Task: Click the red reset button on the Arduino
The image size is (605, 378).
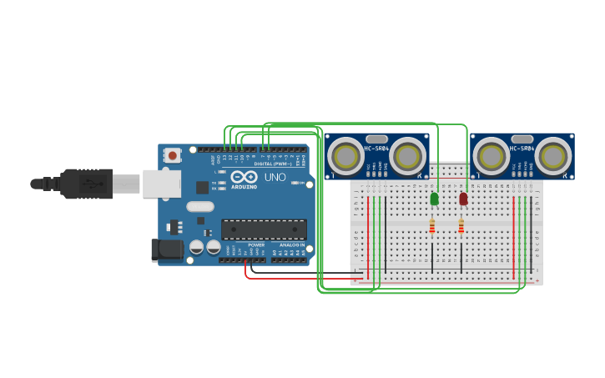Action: (x=172, y=155)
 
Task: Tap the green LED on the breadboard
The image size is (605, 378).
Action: (x=434, y=199)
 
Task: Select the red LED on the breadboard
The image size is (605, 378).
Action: (x=463, y=199)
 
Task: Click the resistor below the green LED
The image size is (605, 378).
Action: (x=431, y=226)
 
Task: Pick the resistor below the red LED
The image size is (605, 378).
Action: (x=461, y=226)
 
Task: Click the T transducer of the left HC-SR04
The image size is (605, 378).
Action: (x=344, y=155)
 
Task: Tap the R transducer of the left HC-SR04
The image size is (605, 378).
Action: (x=407, y=155)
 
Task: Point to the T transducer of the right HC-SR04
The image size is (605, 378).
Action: (x=491, y=155)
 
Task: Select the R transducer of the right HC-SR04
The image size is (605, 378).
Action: (x=553, y=155)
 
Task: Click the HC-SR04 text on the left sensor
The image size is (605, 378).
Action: (x=376, y=149)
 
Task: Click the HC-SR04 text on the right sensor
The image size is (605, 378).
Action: (x=522, y=149)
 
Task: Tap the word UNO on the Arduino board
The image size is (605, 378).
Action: (x=275, y=177)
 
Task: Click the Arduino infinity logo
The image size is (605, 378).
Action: (x=245, y=177)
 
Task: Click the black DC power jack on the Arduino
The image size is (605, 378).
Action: (x=166, y=249)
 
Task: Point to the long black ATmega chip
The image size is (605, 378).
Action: (x=263, y=229)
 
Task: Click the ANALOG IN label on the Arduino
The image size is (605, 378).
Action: (x=291, y=244)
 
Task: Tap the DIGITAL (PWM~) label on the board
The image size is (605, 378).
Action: (x=269, y=163)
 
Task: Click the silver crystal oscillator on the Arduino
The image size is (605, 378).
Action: (x=200, y=206)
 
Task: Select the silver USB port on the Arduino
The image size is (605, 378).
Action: (x=161, y=184)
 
